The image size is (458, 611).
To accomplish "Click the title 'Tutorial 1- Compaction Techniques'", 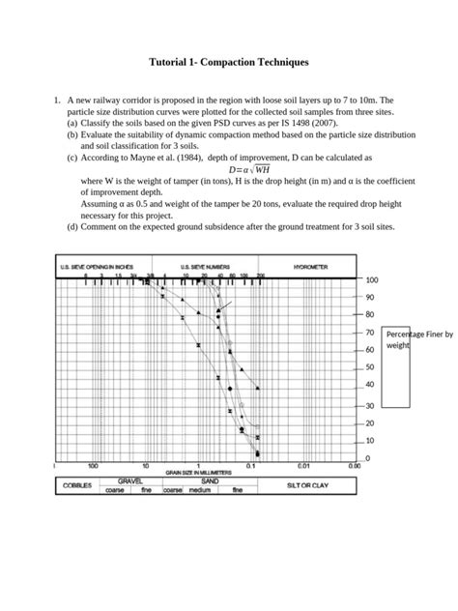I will pos(229,62).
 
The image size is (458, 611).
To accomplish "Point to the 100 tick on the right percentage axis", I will pos(372,279).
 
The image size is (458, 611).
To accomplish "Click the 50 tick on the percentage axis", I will pos(370,367).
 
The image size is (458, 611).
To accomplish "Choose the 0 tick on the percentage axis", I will pos(368,457).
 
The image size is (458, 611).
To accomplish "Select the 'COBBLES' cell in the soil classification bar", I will pos(77,485).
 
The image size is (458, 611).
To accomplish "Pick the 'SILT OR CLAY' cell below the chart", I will pos(308,485).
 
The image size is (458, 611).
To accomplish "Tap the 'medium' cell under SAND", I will pos(199,490).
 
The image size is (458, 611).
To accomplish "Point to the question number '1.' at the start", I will pos(58,100).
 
